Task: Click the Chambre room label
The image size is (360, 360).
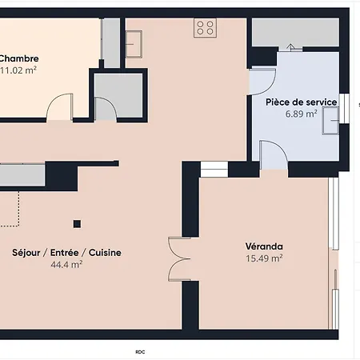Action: [18, 58]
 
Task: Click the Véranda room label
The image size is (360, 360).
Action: [264, 246]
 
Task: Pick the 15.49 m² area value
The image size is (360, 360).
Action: [264, 258]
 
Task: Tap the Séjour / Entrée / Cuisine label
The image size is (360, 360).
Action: [67, 253]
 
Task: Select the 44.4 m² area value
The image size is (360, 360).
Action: [67, 265]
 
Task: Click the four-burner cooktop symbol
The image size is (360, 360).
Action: [206, 28]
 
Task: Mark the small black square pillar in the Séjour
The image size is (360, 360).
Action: [77, 224]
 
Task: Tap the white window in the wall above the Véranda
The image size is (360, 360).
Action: [214, 169]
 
